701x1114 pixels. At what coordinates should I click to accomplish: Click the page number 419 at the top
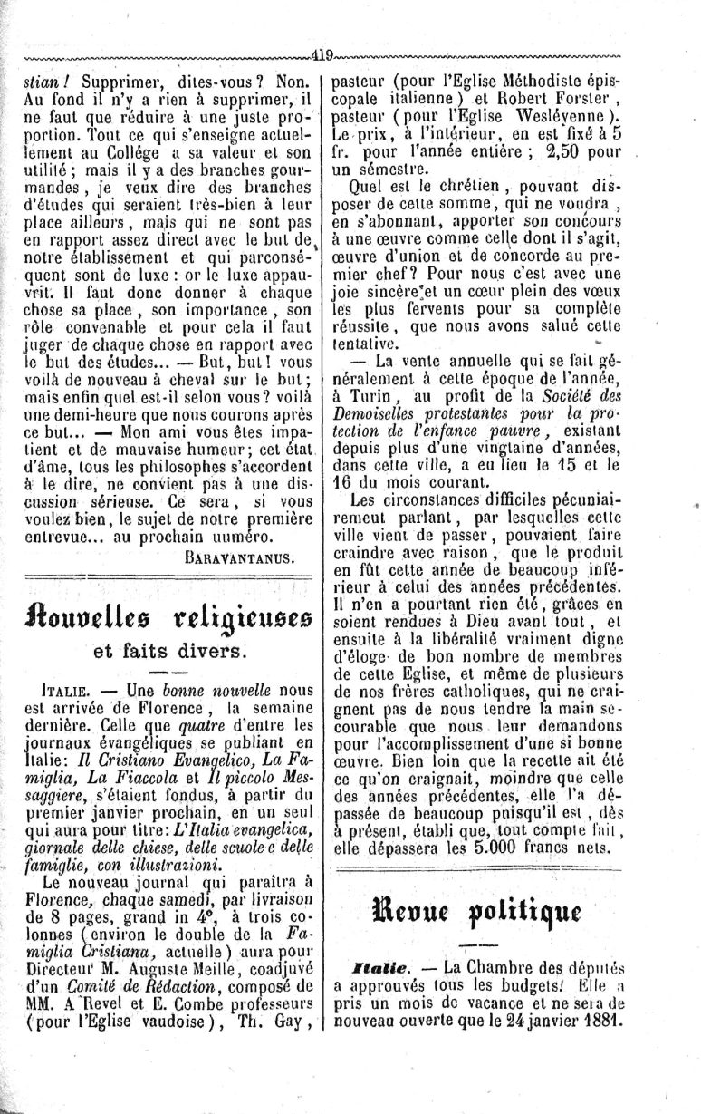pos(322,53)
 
